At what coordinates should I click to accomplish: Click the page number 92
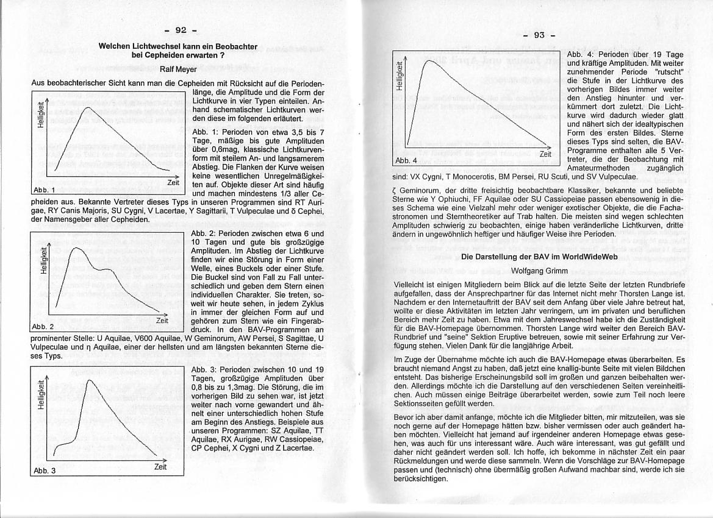[181, 30]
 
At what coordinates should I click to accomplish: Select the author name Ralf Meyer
[178, 69]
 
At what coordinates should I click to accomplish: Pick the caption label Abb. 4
[406, 160]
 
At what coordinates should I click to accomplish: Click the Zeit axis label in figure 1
[174, 182]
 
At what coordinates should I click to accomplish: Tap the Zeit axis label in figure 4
[545, 154]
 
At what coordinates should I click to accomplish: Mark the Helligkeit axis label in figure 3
[40, 396]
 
